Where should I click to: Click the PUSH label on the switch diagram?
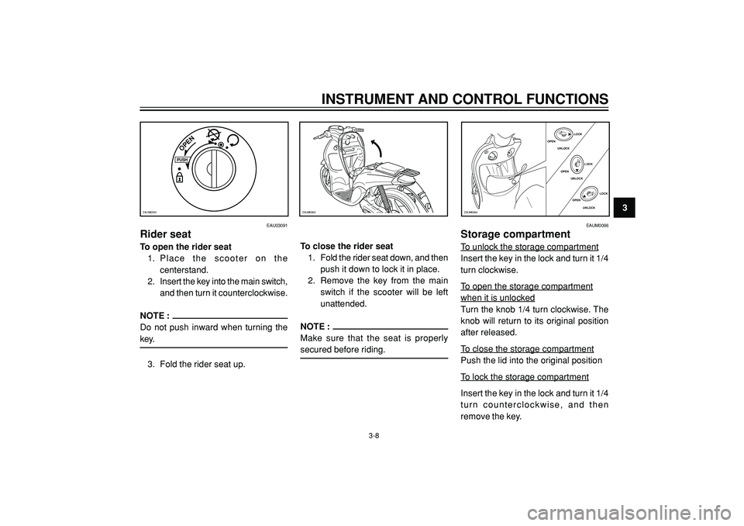click(x=183, y=161)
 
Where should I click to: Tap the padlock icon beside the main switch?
click(x=180, y=177)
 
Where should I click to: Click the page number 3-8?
click(x=374, y=438)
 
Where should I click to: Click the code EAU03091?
click(x=277, y=225)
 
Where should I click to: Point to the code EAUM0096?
click(x=597, y=225)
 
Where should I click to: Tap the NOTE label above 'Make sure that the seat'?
click(x=314, y=326)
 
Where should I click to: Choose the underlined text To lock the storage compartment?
click(x=524, y=377)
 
